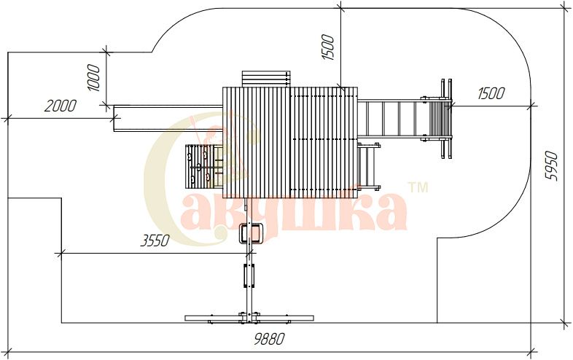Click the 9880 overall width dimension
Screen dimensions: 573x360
tap(268, 339)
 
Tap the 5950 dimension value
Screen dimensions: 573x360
tap(552, 165)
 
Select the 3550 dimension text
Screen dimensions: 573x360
tap(155, 241)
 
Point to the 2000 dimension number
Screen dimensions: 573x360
tap(61, 106)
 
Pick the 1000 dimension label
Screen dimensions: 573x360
tap(93, 78)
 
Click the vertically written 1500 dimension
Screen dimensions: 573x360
tap(327, 47)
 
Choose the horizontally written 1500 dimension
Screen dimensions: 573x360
tap(491, 93)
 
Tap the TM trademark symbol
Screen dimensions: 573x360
tap(418, 187)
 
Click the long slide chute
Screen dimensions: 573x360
tap(168, 118)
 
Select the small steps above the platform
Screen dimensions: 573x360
tap(265, 79)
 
